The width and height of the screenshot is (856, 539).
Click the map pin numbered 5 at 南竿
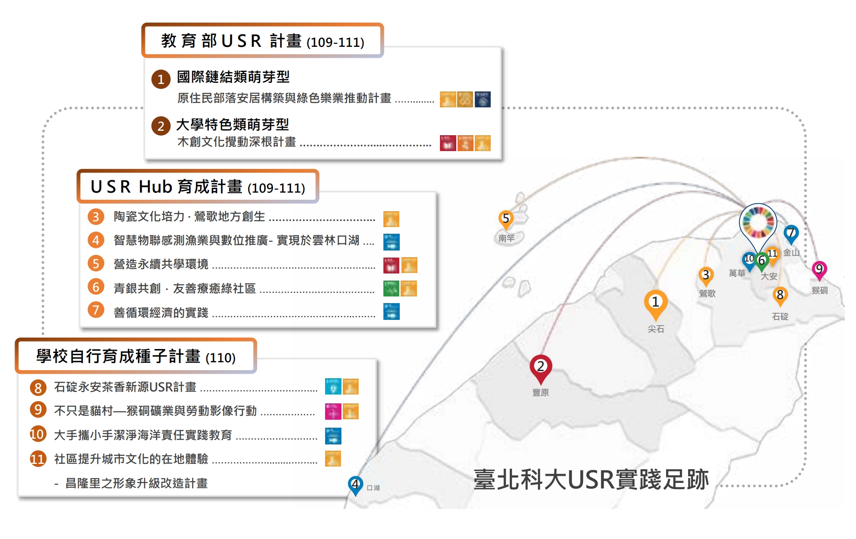tap(506, 219)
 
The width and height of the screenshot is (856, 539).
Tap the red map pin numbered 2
tap(540, 367)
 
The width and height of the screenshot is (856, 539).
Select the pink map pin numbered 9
tap(819, 269)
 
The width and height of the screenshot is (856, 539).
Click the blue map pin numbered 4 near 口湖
tap(355, 485)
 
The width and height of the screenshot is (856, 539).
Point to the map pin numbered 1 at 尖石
tap(655, 302)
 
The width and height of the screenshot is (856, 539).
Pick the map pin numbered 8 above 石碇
tap(780, 295)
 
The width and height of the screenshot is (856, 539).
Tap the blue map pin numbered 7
tap(791, 233)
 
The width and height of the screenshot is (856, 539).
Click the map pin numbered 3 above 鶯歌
tap(706, 275)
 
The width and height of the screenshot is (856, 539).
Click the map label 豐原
tap(540, 392)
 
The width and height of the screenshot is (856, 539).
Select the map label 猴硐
tap(819, 290)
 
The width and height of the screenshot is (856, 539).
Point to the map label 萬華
tap(737, 273)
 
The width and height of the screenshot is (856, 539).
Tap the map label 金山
tap(791, 252)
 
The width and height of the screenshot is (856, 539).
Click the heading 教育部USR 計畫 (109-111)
tap(262, 41)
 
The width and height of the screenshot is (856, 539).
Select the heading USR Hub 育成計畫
tap(197, 187)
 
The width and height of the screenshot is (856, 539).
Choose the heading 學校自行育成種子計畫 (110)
tap(136, 356)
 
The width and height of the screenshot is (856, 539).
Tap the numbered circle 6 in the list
tap(96, 288)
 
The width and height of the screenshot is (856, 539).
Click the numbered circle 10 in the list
tap(38, 434)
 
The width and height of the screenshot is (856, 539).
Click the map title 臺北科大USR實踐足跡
tap(591, 480)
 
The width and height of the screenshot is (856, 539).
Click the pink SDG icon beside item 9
tap(333, 411)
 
